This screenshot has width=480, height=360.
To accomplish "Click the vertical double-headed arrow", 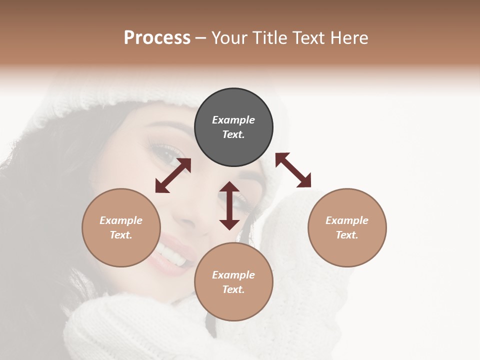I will click(x=229, y=205).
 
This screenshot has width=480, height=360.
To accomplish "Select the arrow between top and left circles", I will click(x=173, y=175).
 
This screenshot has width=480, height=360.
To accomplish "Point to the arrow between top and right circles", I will click(x=293, y=170).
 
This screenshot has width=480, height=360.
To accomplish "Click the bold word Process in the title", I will click(x=157, y=37).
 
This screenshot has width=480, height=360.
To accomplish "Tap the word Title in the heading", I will click(x=270, y=37).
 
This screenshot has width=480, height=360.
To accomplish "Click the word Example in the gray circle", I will click(x=233, y=120).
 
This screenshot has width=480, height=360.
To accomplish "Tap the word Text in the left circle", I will click(x=121, y=235).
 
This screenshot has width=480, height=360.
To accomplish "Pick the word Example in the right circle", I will click(x=347, y=220).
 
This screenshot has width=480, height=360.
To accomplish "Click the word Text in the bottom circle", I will click(x=233, y=289).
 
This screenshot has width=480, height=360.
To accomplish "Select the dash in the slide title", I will click(x=201, y=38).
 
